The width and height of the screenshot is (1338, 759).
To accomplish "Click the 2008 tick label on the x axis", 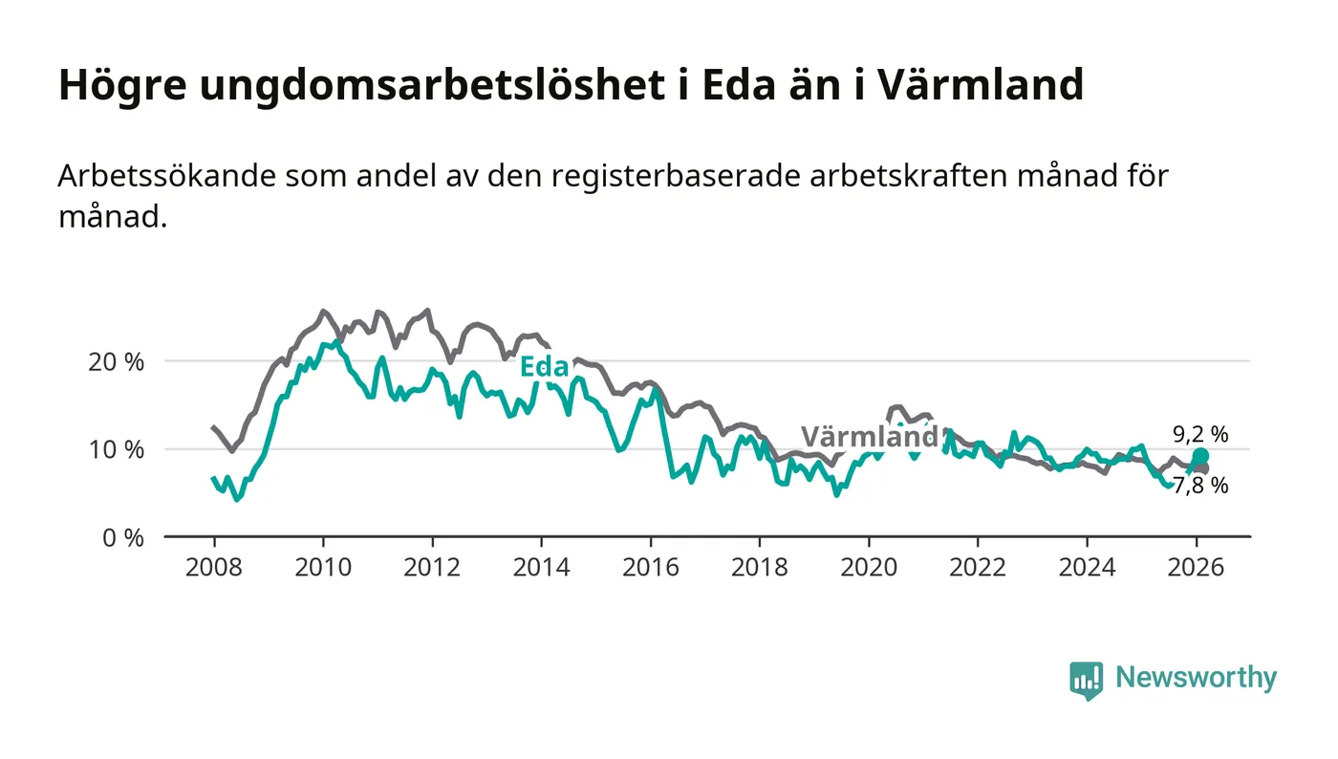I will [x=213, y=567].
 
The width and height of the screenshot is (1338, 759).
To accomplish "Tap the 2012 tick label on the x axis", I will [x=432, y=567].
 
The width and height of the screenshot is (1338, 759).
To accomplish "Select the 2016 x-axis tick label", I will [x=650, y=567].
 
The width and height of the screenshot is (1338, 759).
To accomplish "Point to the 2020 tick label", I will [x=868, y=567].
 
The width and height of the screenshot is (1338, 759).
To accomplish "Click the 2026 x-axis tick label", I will [x=1196, y=567].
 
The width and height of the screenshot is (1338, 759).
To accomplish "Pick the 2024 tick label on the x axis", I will [x=1087, y=567].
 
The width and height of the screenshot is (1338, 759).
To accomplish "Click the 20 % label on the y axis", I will [x=120, y=362].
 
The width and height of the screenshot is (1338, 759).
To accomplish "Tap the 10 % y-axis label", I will [x=120, y=449].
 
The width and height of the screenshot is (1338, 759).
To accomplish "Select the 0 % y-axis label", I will [x=125, y=537].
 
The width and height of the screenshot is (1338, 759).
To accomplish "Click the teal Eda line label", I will [x=544, y=367].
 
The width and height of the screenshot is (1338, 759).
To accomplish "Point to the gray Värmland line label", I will [x=869, y=437].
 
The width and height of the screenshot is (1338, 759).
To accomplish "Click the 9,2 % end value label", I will [x=1200, y=435].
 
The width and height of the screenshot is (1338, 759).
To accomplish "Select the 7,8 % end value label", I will [x=1200, y=486].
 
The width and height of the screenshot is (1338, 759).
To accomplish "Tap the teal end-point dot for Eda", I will [x=1200, y=456].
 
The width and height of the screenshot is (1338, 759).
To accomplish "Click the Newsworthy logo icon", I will [x=1086, y=680].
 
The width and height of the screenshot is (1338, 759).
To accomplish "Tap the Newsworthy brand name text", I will [x=1196, y=678].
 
